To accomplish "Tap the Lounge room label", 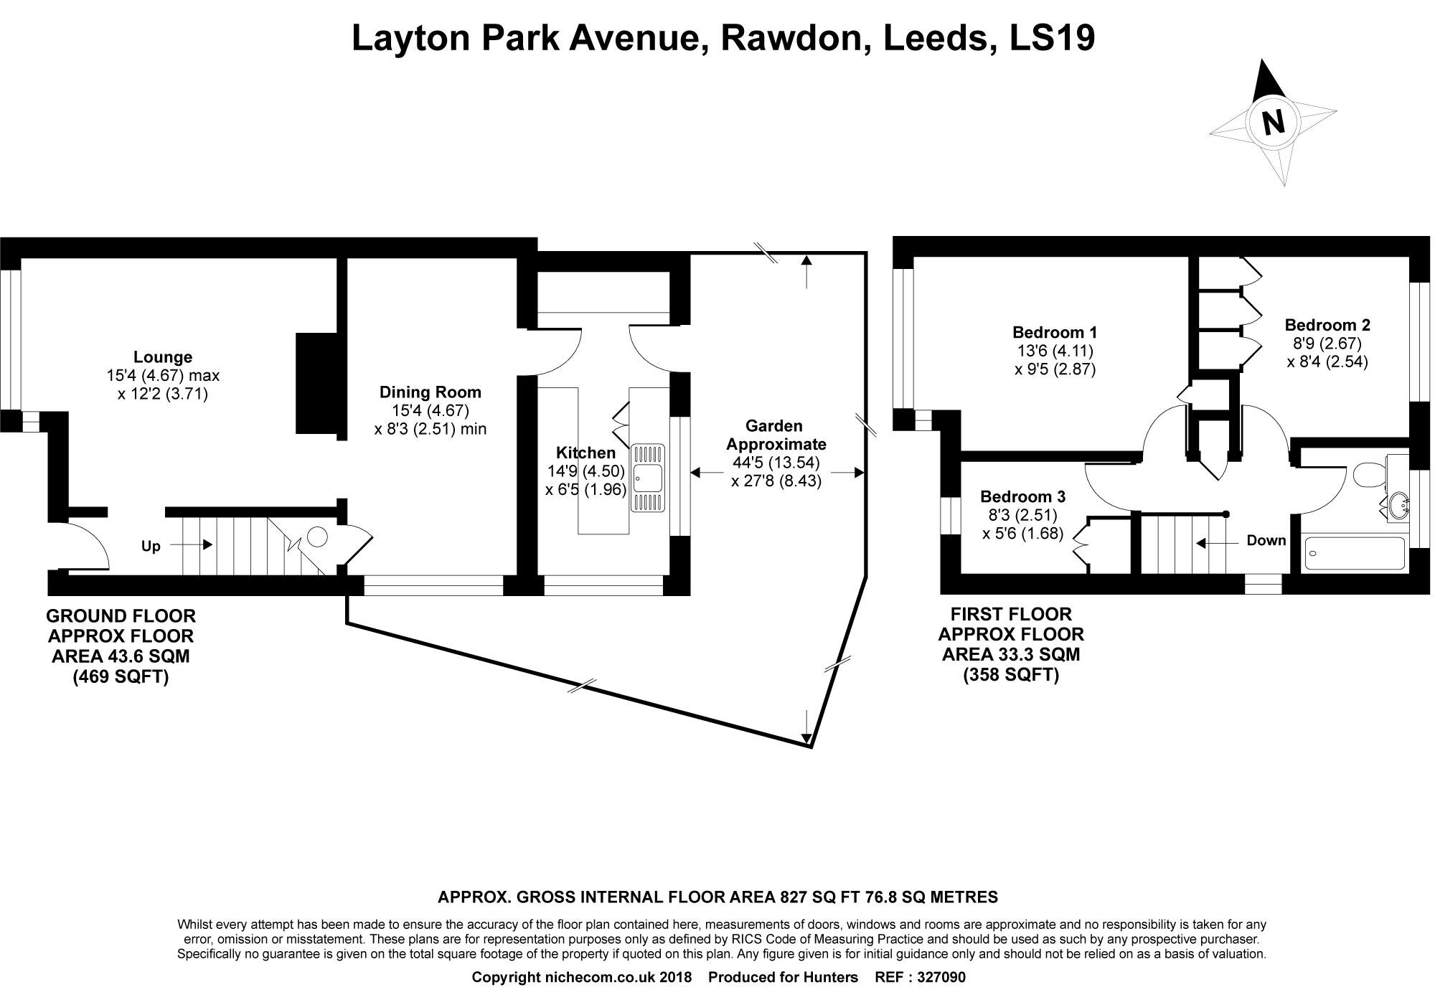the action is (163, 357).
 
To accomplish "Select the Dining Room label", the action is (430, 392).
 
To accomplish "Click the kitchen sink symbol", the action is (649, 478).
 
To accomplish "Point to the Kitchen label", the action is (585, 453).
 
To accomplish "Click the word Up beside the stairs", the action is (151, 547).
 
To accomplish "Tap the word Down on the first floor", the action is (1266, 541).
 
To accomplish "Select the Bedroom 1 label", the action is (1054, 333).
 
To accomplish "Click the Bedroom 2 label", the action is (1327, 325).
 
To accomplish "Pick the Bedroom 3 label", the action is (1022, 496).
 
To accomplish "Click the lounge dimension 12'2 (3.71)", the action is (163, 394).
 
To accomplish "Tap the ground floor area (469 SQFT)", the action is (121, 677).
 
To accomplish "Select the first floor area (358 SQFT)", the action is (1011, 675).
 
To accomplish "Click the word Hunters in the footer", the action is (832, 977).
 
